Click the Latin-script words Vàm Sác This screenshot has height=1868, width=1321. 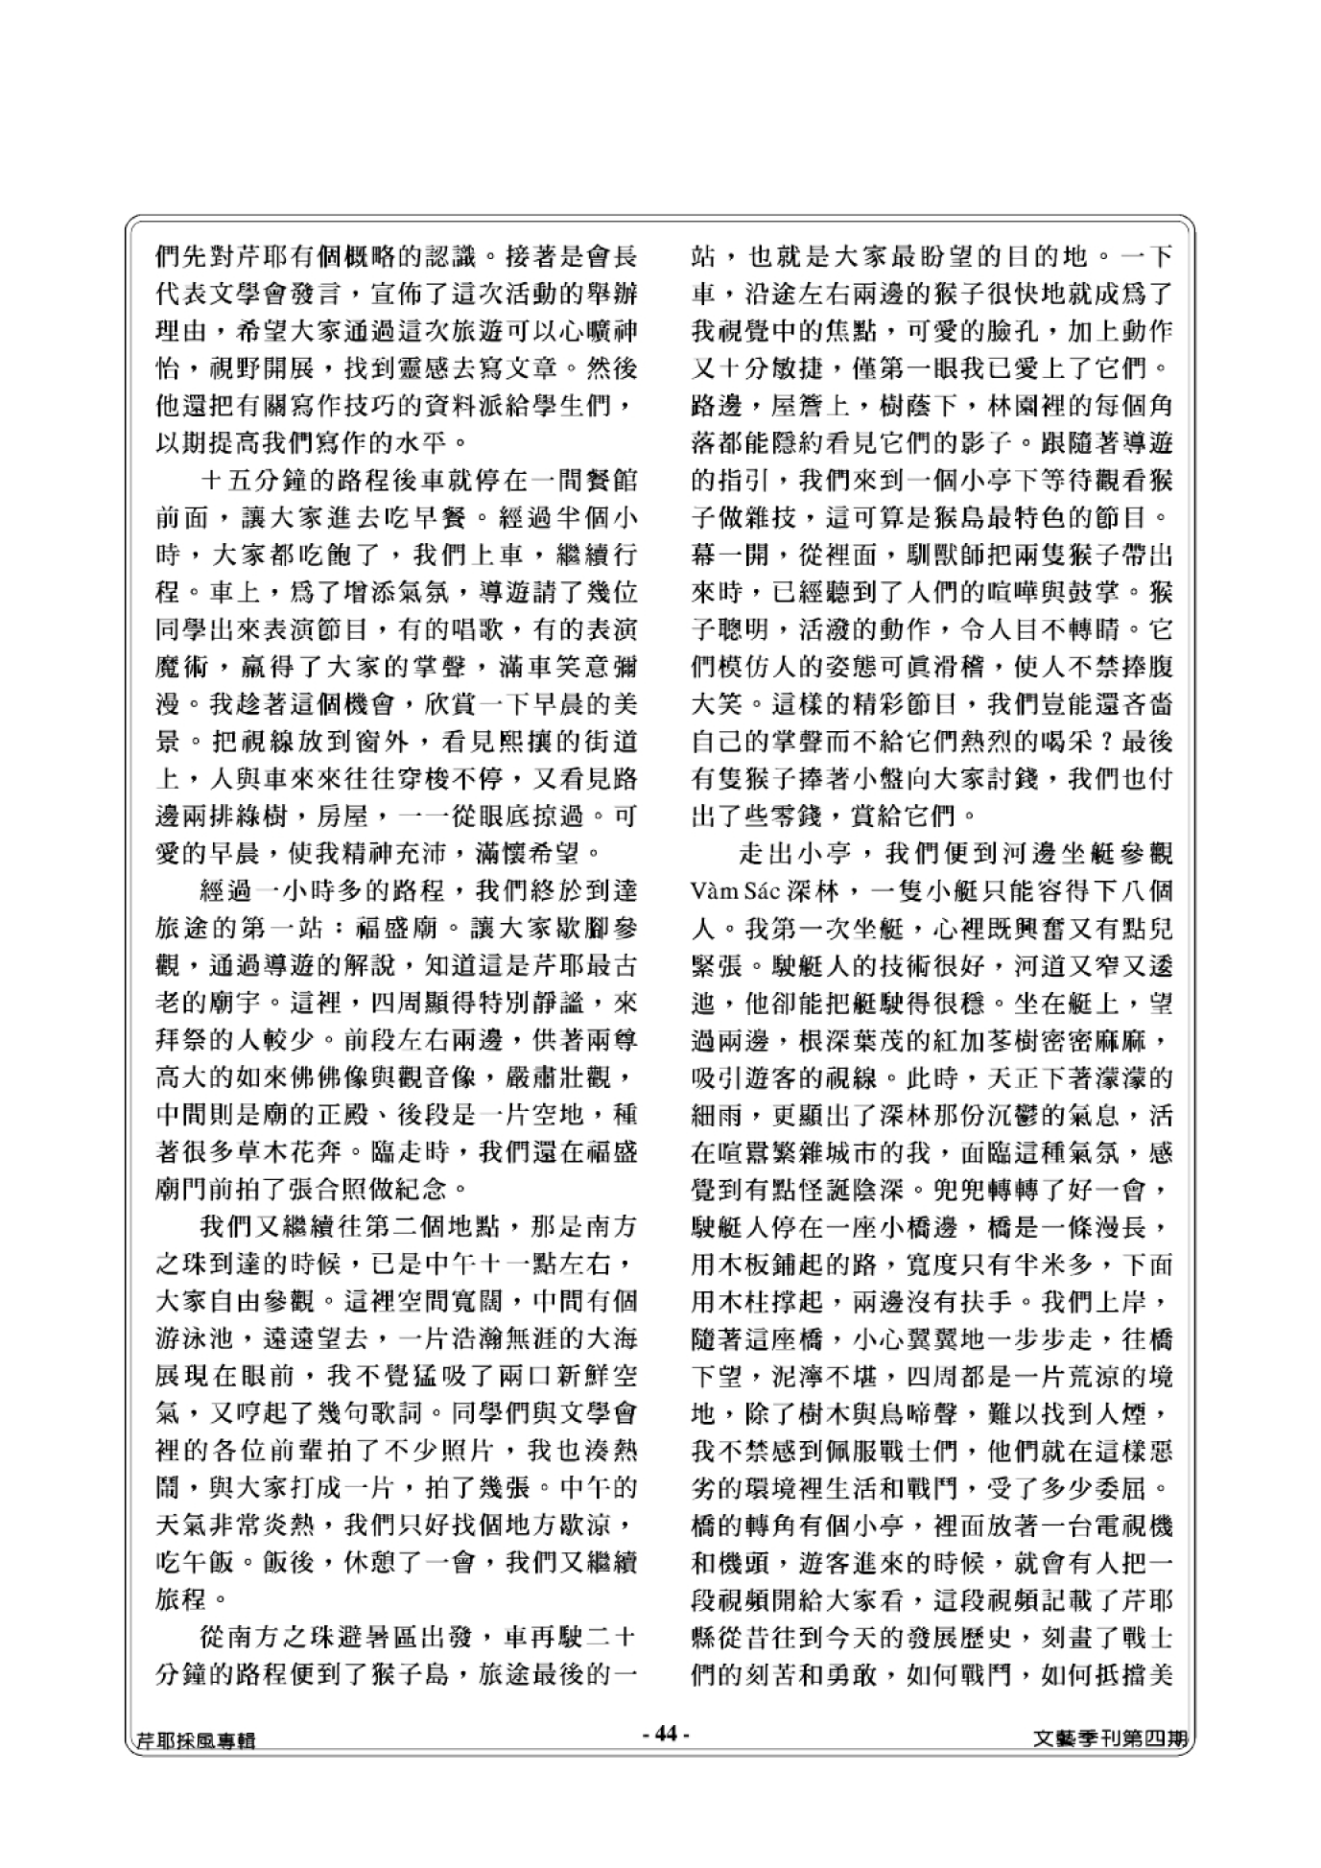[724, 890]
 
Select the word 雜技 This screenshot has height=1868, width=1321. [761, 518]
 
